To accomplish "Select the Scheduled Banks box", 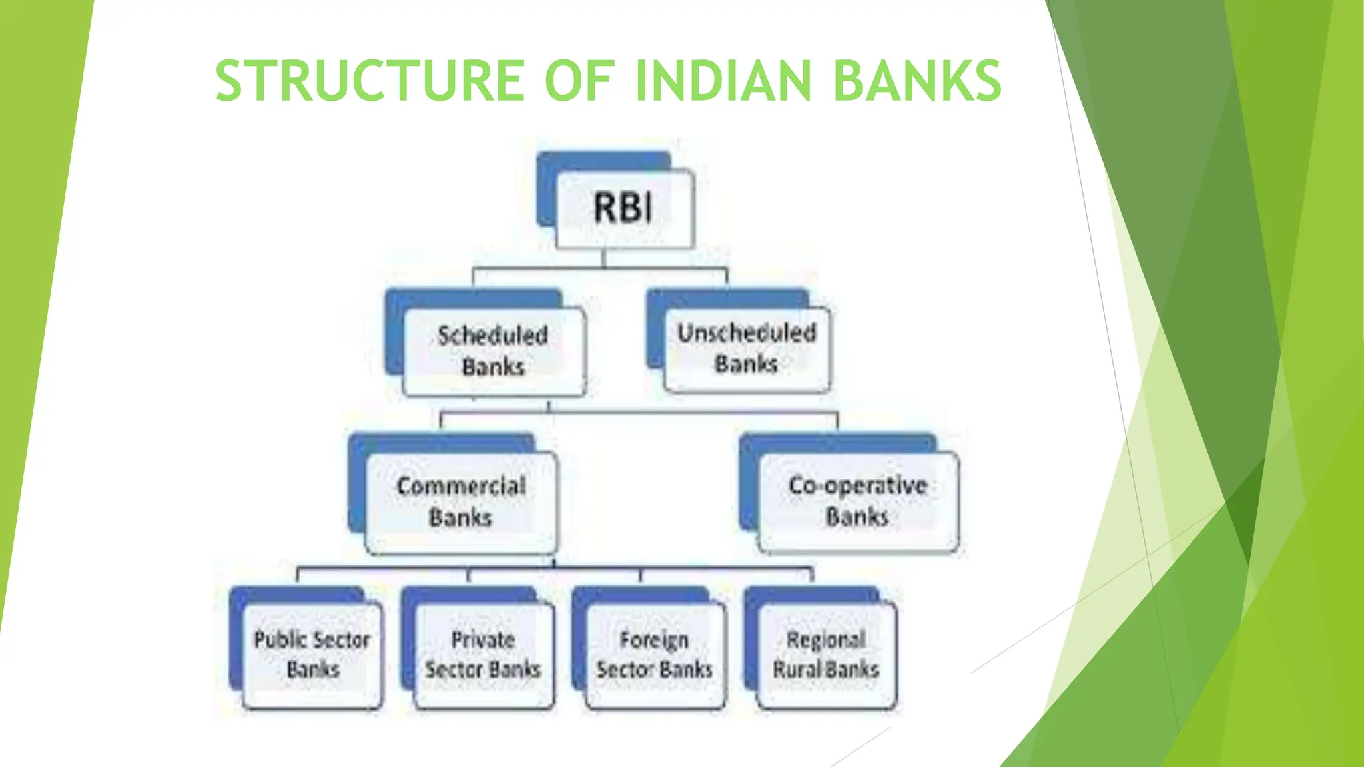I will (494, 351).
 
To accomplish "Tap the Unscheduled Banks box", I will (747, 349).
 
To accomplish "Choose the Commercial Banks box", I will (461, 502).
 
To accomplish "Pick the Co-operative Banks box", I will (858, 501).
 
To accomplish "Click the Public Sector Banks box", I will (312, 654).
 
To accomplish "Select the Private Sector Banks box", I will (484, 654).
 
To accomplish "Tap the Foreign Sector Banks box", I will (655, 654).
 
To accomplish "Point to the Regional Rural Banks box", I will (827, 654).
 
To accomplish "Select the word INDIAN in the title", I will (723, 81).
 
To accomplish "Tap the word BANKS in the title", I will (917, 81).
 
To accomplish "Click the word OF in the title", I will (579, 81).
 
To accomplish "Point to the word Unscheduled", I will (747, 332).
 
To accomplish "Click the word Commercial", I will (461, 486).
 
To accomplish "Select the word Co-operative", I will (858, 485).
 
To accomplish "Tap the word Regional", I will (826, 640).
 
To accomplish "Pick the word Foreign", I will (654, 640).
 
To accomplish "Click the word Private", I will (483, 640).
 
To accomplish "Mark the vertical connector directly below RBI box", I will (604, 258).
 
